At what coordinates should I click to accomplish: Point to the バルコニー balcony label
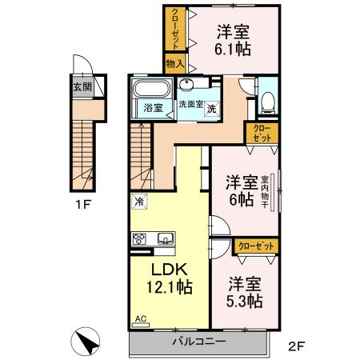point(199,342)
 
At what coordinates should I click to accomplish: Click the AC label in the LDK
point(141,318)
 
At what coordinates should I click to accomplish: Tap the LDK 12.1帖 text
point(168,274)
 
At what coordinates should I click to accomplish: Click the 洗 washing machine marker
point(211,108)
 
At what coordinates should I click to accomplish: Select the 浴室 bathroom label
point(152,107)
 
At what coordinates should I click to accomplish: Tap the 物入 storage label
point(175,64)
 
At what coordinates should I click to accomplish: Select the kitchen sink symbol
point(166,238)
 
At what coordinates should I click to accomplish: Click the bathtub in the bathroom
point(150,89)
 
